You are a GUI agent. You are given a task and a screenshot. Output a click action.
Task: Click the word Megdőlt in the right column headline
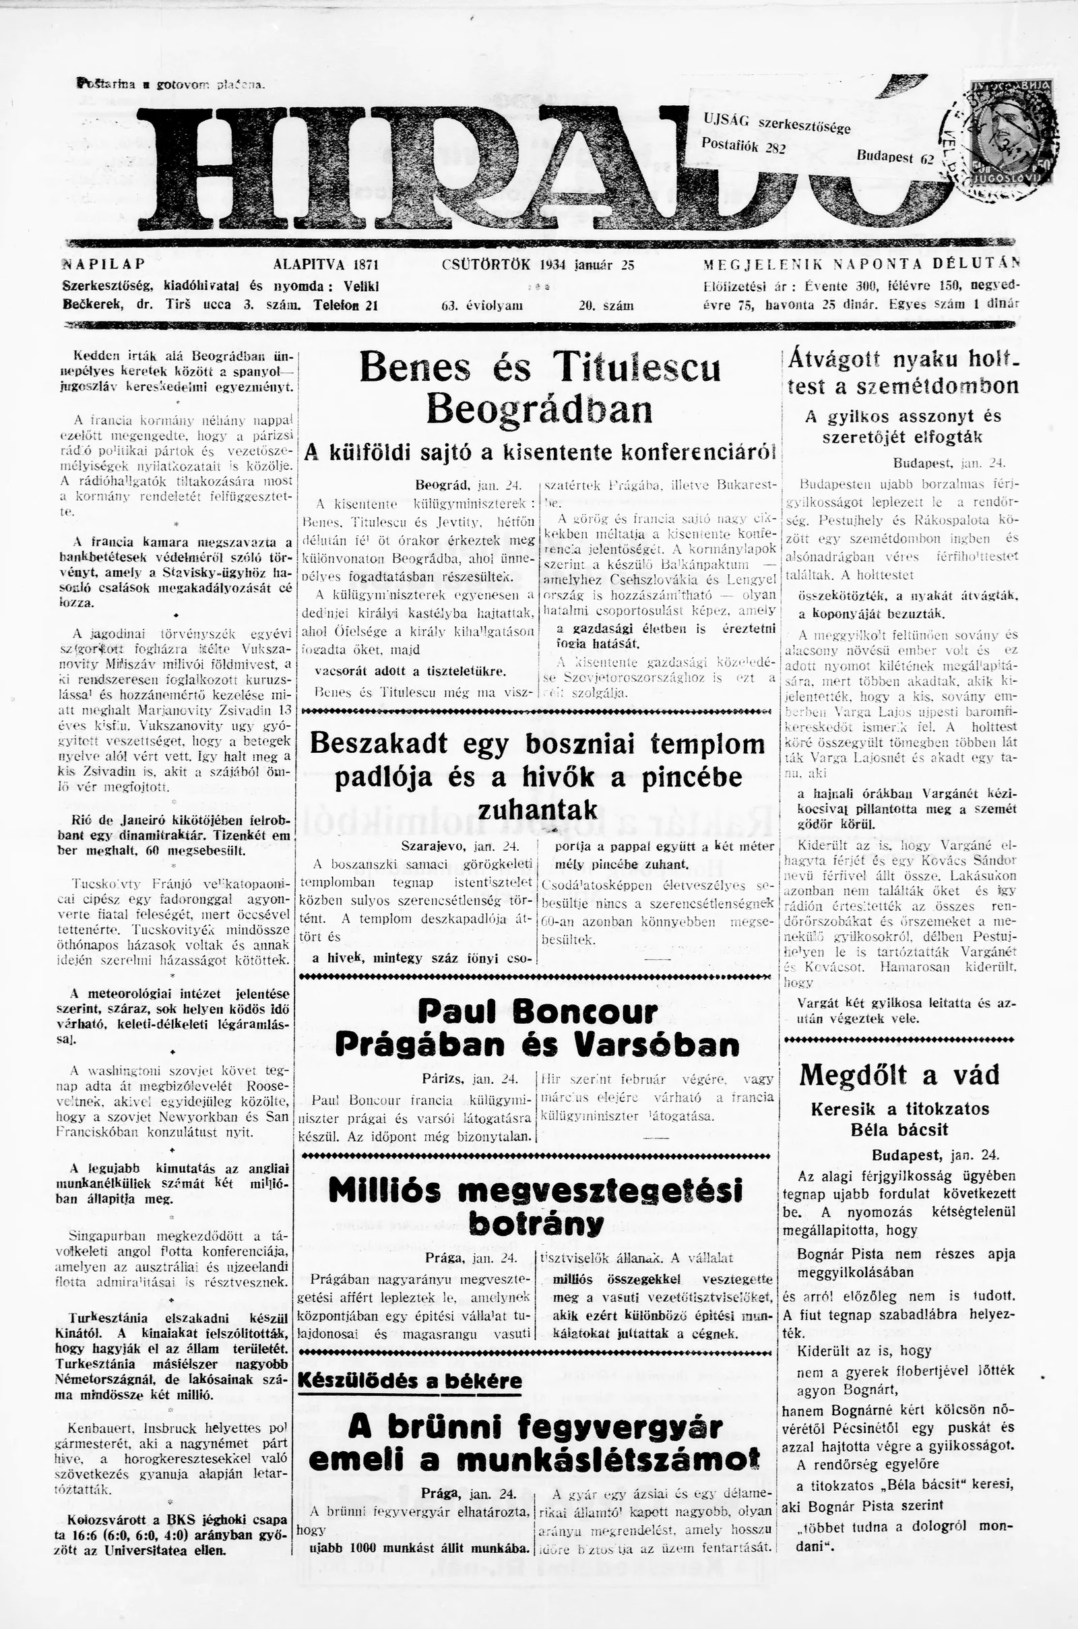point(852,1074)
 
